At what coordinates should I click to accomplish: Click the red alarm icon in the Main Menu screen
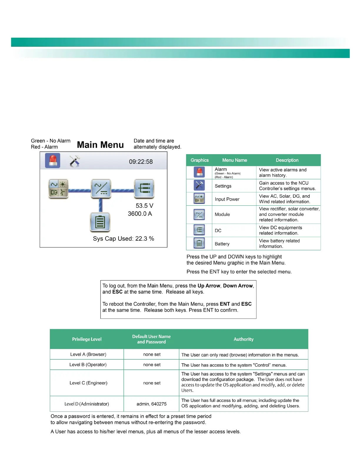coord(53,161)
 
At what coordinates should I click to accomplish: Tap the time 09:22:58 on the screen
coord(141,162)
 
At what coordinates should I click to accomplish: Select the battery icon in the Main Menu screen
coord(100,222)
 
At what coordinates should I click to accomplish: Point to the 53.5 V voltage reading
coord(144,206)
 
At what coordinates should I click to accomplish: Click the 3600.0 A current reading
coord(140,214)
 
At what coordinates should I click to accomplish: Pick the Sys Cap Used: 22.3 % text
coord(124,239)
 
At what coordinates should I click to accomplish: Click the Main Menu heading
coord(100,145)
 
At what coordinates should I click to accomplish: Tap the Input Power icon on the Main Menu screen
coord(58,188)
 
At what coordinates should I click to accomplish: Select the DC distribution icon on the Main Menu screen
coord(144,188)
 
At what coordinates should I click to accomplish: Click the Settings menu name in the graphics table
coord(223,186)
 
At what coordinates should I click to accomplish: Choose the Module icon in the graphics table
coord(199,214)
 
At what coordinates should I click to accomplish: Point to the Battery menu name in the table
coord(222,244)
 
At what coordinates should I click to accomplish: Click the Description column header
coord(287,160)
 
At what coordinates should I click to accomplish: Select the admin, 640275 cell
coord(151,404)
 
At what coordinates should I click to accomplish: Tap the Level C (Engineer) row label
coord(88,383)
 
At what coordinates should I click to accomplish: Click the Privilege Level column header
coord(87,339)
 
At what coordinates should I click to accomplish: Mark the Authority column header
coord(244,339)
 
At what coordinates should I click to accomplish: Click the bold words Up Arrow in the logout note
coord(209,286)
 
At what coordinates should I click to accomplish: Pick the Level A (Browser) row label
coord(88,354)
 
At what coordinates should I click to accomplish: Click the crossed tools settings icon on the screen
coord(75,161)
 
